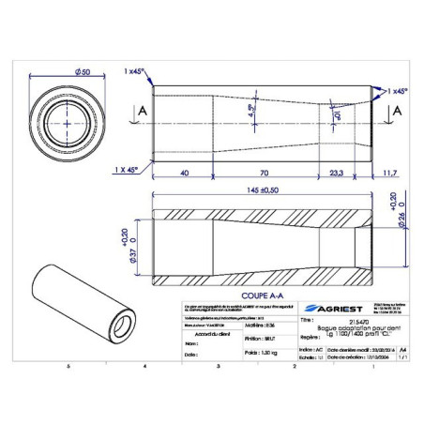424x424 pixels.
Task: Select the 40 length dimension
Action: (185, 173)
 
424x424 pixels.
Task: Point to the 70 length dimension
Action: (264, 173)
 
